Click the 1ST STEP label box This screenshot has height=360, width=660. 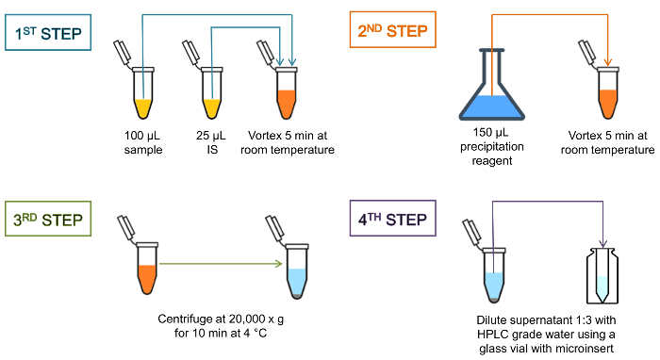tap(48, 32)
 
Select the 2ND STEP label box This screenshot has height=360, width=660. tap(393, 30)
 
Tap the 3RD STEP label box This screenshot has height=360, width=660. tap(48, 219)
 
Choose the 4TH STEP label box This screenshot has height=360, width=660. tap(393, 219)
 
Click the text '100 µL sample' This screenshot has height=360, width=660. tap(142, 142)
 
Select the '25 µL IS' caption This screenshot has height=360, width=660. tap(211, 142)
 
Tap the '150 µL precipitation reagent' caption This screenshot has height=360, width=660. tap(491, 146)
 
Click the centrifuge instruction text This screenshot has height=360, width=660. tap(221, 326)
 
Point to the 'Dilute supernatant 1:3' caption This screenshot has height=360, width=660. tap(546, 335)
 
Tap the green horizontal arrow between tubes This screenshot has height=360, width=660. tap(221, 264)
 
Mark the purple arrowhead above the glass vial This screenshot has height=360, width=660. tap(602, 243)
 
